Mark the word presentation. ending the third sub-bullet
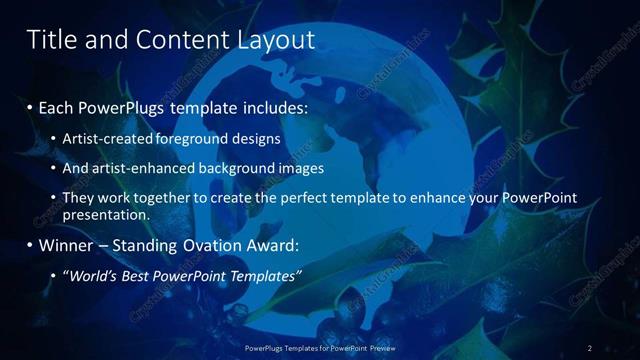105,214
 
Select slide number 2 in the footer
590,348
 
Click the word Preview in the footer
381,348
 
